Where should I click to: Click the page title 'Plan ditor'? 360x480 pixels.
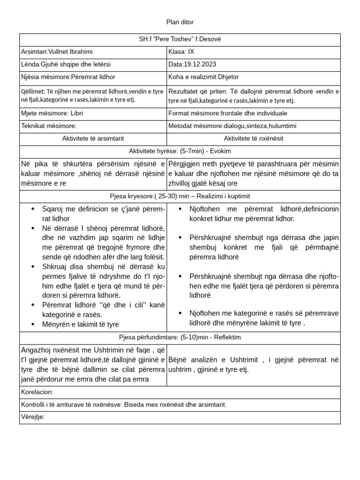click(x=180, y=22)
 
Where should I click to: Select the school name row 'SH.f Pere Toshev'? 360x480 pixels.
click(x=180, y=39)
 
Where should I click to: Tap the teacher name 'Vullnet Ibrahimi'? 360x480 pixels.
click(x=73, y=52)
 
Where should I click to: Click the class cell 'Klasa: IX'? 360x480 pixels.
click(x=180, y=52)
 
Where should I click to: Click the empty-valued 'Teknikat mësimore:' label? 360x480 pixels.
click(x=49, y=126)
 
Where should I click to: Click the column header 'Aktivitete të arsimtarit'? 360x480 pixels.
click(x=93, y=138)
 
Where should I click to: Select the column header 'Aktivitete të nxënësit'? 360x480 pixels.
click(x=254, y=138)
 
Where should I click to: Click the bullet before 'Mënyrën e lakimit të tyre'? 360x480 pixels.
click(x=33, y=324)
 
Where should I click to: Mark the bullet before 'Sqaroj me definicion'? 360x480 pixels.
click(x=33, y=209)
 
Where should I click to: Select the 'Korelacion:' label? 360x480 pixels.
click(x=37, y=392)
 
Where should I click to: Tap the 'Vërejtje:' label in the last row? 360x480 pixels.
click(x=33, y=417)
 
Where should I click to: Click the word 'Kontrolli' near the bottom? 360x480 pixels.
click(x=34, y=405)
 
